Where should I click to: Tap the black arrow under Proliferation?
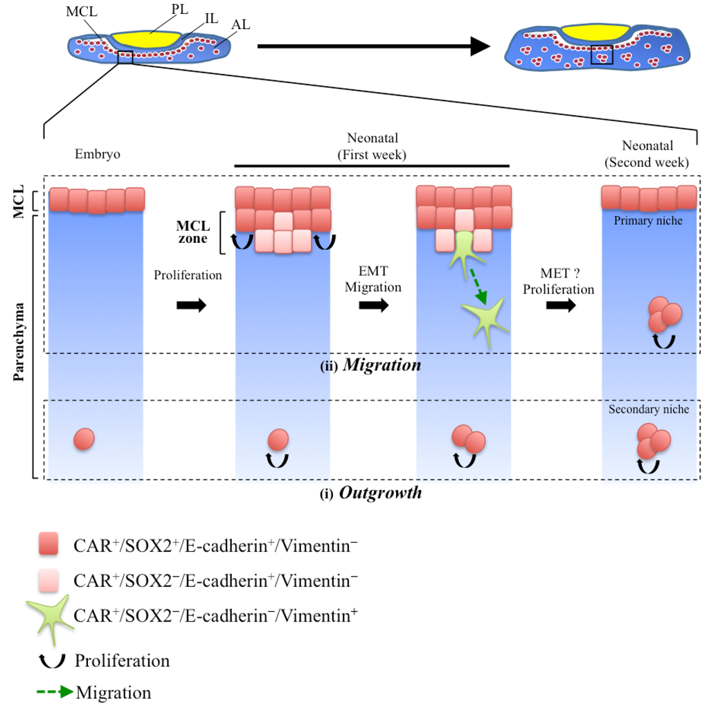190,305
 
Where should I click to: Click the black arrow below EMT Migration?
373,305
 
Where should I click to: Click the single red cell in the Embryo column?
83,438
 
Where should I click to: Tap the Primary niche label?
647,220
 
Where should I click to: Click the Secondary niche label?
648,409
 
